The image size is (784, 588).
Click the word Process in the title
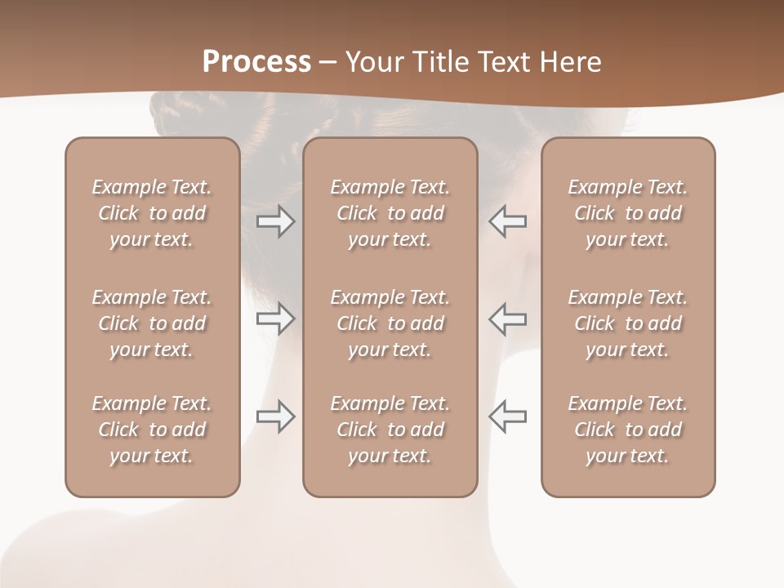[256, 62]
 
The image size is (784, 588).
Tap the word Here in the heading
[572, 62]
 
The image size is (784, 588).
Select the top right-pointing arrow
[276, 221]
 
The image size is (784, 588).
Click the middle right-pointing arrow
[276, 318]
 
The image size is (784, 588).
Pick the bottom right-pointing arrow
[276, 416]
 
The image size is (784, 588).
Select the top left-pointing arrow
[508, 221]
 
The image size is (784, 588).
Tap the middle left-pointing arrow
[508, 318]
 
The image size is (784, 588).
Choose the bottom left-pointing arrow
[508, 416]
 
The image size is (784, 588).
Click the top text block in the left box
[152, 213]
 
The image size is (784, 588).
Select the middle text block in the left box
[152, 323]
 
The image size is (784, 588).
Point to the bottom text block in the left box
[152, 430]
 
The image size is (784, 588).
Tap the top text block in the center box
[390, 213]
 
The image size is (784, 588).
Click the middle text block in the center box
[390, 323]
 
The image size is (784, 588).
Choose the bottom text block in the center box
[390, 430]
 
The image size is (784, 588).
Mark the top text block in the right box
[628, 213]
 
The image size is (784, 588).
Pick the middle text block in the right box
[628, 323]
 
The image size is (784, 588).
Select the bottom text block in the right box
[628, 430]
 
